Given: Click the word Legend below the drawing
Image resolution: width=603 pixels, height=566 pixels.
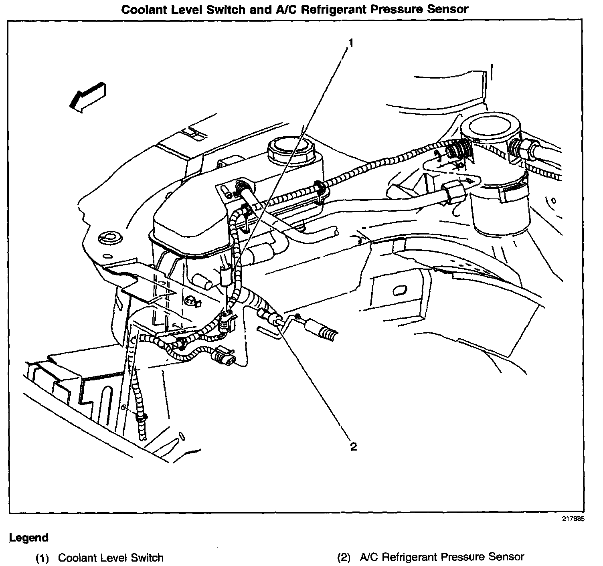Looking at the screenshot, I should pos(29,538).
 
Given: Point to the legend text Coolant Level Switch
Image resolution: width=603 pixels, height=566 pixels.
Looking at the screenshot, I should pos(111,558).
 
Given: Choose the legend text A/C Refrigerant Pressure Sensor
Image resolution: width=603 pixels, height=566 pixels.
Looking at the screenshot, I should pos(442,557).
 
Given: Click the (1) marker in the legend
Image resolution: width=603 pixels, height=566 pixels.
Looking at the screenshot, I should pos(42,558).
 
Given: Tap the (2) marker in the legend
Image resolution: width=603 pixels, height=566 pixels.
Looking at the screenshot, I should pos(344,557).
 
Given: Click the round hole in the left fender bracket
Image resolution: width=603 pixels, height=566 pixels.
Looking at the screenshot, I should pos(107,237).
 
